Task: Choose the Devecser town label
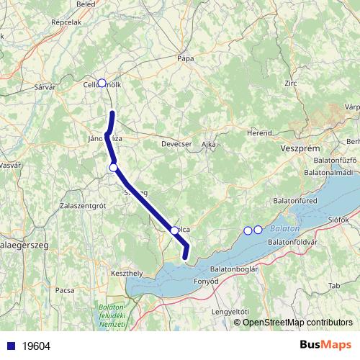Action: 176,144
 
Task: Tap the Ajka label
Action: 209,144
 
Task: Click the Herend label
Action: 259,133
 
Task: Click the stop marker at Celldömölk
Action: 102,83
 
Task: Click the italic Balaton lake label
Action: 281,228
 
